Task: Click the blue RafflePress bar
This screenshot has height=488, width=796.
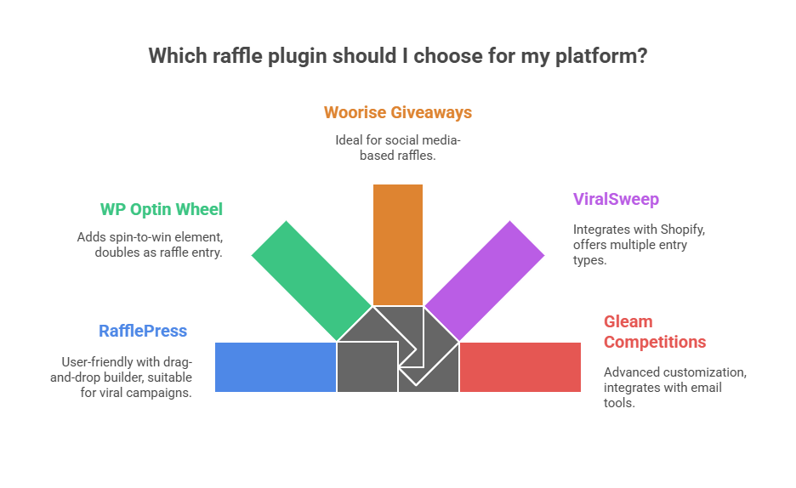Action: click(275, 367)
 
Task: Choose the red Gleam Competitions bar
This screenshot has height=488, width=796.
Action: click(520, 367)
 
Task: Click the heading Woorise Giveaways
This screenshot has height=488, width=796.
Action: click(398, 112)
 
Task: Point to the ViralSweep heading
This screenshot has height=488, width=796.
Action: click(616, 200)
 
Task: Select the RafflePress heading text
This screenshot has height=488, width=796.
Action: click(142, 331)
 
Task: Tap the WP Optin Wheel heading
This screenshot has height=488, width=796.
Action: click(162, 209)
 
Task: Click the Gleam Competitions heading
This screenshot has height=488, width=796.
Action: click(654, 332)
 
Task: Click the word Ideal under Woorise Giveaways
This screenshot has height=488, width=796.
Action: click(349, 139)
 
